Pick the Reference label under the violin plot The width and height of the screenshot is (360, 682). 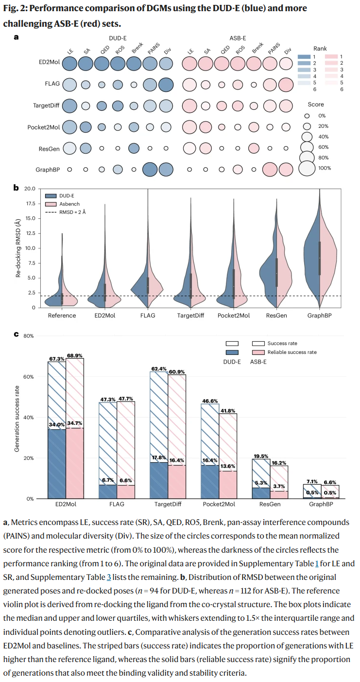point(62,315)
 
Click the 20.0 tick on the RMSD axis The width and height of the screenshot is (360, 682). point(29,189)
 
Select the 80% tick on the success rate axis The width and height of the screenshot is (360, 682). point(28,336)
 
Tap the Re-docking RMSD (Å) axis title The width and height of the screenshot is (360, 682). point(18,248)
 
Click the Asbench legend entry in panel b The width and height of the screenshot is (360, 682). point(70,204)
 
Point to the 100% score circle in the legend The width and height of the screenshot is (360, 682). point(308,168)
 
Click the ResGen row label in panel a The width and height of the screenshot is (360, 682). point(49,149)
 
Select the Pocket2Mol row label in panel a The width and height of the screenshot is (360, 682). point(44,127)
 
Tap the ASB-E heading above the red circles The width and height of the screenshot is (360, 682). point(237,38)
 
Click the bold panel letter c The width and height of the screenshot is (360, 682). point(16,334)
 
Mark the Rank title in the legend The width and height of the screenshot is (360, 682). point(320,49)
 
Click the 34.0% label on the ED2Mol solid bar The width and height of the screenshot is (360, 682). point(57,425)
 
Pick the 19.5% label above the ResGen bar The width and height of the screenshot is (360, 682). point(261,456)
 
